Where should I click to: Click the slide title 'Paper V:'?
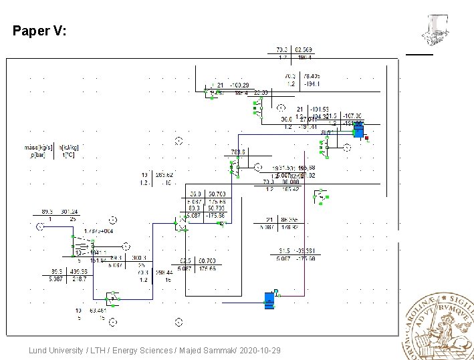tap(39, 31)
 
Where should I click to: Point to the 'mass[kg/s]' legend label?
tap(39, 148)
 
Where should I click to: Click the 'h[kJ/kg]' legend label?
tap(70, 148)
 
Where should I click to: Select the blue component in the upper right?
tap(358, 130)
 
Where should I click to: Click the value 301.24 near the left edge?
tap(70, 212)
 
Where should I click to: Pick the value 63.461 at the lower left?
tap(98, 311)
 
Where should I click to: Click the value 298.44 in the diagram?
tap(164, 273)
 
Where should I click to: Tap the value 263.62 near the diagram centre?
tap(164, 175)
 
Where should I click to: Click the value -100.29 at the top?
tap(239, 85)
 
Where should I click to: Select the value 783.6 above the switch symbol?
tap(239, 152)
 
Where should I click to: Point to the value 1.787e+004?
tap(98, 230)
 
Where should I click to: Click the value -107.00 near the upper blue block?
tap(352, 116)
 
